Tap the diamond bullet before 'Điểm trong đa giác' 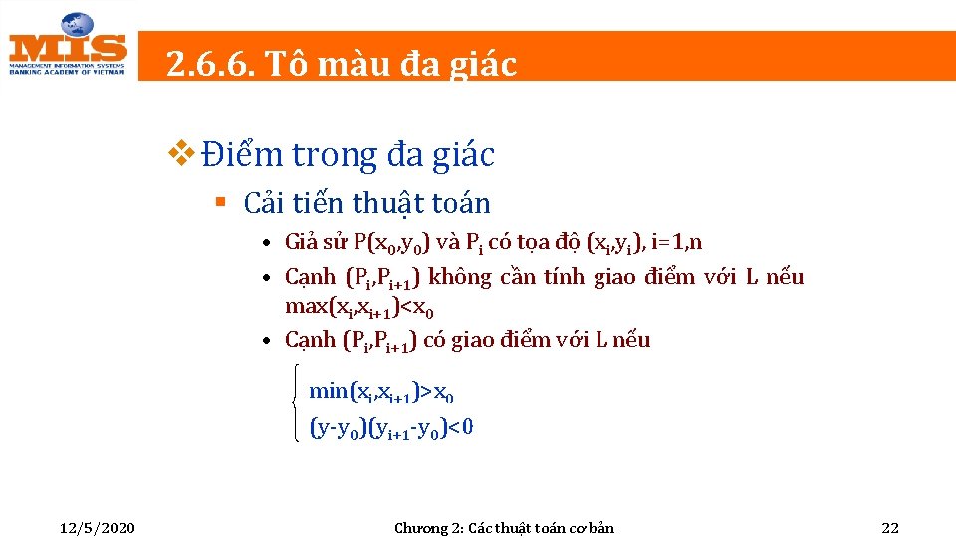coord(184,153)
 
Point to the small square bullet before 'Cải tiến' coord(222,203)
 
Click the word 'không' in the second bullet coord(459,277)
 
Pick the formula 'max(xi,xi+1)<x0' coord(358,306)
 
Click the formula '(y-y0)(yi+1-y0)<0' coord(391,428)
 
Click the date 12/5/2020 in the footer coord(97,527)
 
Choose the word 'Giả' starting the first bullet coord(301,242)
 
